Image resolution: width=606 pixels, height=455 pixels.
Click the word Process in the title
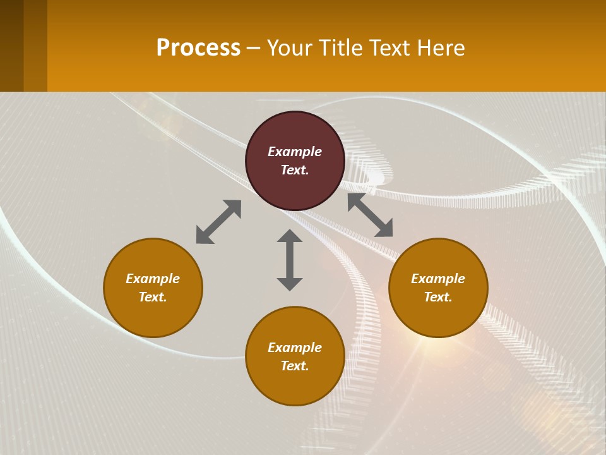[198, 48]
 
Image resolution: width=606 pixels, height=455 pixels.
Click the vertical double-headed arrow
[290, 260]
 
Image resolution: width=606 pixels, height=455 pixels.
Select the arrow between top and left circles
[218, 222]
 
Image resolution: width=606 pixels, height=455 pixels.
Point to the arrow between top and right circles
[370, 215]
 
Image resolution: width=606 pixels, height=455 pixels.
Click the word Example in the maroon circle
[295, 152]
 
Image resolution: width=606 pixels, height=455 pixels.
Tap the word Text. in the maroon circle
[295, 170]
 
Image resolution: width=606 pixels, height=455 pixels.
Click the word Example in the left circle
[153, 279]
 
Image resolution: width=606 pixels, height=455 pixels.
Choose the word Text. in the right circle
[438, 297]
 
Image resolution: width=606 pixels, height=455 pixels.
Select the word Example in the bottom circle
[295, 348]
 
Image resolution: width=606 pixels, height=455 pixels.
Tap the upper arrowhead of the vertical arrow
[290, 236]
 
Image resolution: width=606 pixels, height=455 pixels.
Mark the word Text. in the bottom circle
[295, 366]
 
